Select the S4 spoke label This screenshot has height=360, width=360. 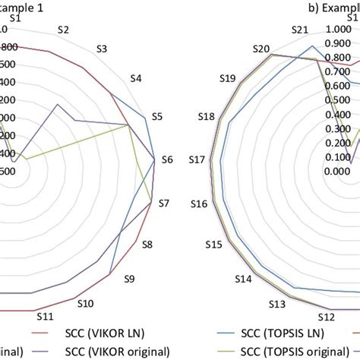point(136,78)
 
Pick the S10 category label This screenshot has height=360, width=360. point(85,303)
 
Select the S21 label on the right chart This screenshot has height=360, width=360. point(302,30)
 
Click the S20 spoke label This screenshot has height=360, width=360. point(261,49)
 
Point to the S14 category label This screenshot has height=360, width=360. point(242,279)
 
